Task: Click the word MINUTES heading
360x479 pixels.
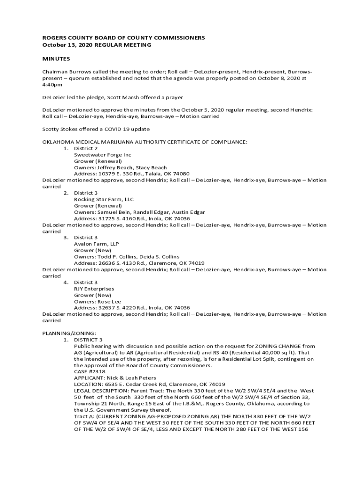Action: pyautogui.click(x=56, y=59)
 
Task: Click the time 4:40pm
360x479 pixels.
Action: pyautogui.click(x=52, y=85)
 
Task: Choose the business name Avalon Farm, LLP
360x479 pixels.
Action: pyautogui.click(x=96, y=244)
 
